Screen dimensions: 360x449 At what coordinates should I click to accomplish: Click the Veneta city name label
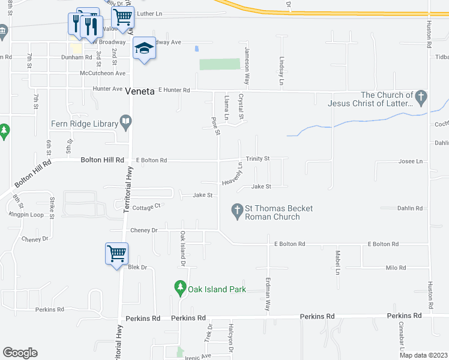point(140,91)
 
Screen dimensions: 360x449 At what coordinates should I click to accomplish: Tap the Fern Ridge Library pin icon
point(126,124)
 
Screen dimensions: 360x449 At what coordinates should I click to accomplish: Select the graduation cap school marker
point(144,48)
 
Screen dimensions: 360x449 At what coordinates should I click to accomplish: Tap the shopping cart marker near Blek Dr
point(116,253)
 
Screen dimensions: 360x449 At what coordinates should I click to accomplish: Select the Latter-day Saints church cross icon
point(421,97)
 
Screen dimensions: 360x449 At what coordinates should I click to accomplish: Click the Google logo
point(20,353)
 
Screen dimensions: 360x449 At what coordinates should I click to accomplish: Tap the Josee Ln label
point(411,161)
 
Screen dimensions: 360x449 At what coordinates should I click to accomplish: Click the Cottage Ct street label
point(146,206)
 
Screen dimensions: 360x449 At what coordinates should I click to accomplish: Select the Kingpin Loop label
point(26,214)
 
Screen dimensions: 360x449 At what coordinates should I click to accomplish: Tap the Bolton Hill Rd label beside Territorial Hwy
point(102,160)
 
